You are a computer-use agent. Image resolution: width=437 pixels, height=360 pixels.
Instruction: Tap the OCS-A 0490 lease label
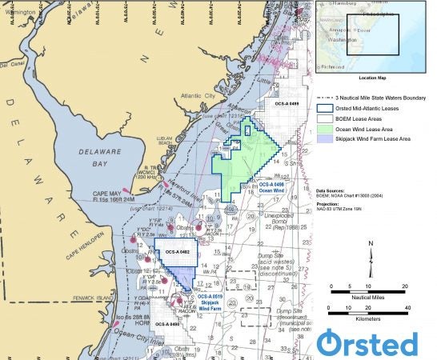[x=168, y=325]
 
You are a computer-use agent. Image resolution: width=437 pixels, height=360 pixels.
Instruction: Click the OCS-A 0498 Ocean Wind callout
[x=272, y=186]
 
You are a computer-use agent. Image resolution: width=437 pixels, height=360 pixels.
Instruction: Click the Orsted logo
[x=369, y=342]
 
